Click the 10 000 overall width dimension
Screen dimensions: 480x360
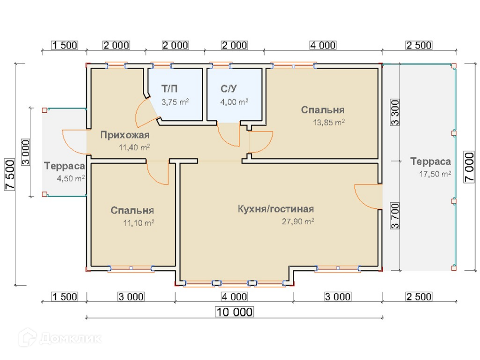coord(234,312)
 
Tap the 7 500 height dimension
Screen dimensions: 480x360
coord(10,175)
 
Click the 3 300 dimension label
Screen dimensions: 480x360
coord(395,112)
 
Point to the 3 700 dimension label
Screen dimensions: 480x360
coord(395,216)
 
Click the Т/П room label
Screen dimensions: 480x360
coord(169,89)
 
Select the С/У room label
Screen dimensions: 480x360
coord(228,89)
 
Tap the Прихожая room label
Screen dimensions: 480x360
coord(125,135)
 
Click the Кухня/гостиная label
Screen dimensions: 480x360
coord(276,209)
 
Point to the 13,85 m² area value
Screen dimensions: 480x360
coord(329,123)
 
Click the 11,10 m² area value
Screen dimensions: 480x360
coord(138,223)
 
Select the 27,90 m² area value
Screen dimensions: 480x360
coord(298,221)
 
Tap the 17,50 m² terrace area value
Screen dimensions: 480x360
coord(435,174)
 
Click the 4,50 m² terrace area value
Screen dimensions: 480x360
coord(71,179)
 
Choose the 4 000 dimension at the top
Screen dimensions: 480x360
coord(323,45)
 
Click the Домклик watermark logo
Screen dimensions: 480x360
coord(60,338)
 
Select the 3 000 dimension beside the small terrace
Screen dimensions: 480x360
coord(26,152)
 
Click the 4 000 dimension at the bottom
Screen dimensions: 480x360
coord(234,297)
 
